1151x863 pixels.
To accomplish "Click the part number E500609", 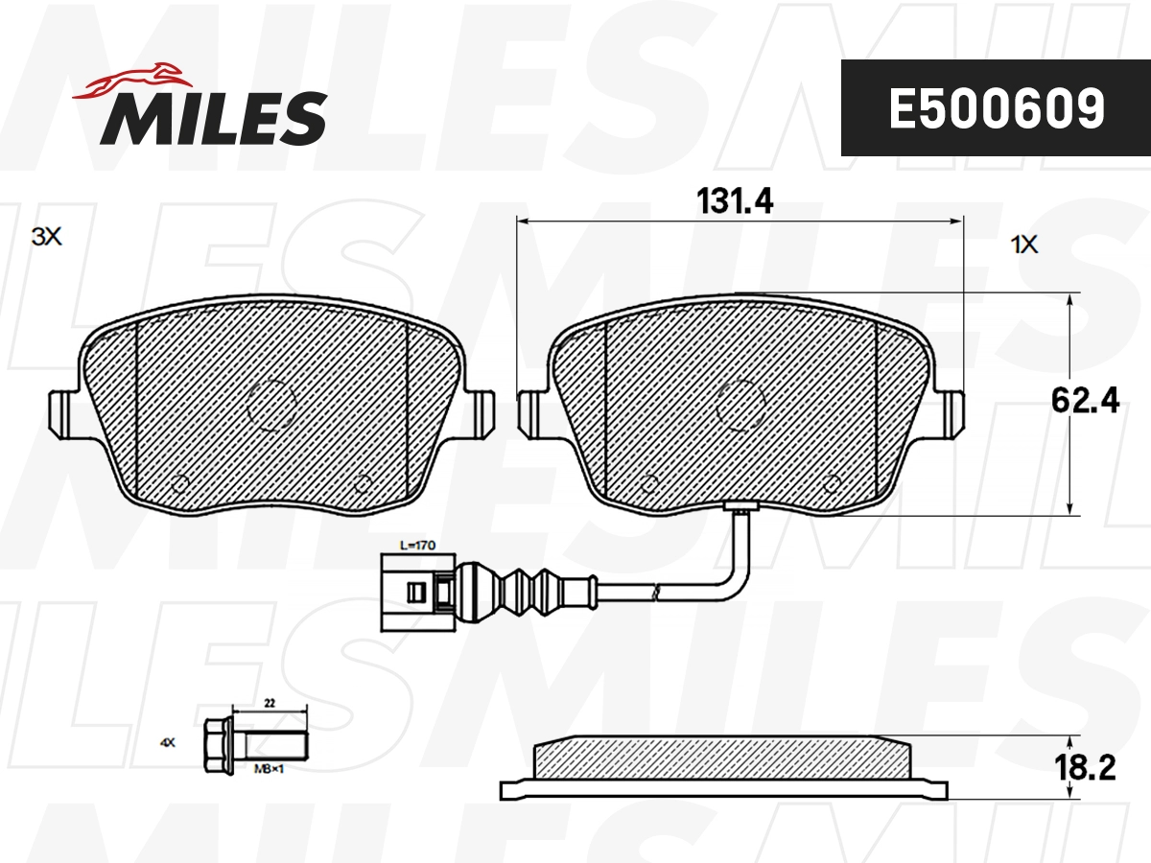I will coord(996,108).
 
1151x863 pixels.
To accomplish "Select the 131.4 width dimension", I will coord(735,201).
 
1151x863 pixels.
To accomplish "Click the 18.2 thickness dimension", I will coord(1084,768).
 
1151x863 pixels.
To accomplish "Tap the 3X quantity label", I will coord(46,237).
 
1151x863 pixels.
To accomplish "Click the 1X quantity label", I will coord(1024,245).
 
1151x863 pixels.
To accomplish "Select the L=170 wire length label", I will coord(415,545).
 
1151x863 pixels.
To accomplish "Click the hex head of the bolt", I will coord(218,743).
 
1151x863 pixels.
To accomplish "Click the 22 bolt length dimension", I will coord(270,703).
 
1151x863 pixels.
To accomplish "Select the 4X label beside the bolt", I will coord(168,742).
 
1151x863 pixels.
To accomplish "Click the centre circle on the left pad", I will coord(270,403).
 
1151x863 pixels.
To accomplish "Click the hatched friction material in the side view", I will coord(719,758).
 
